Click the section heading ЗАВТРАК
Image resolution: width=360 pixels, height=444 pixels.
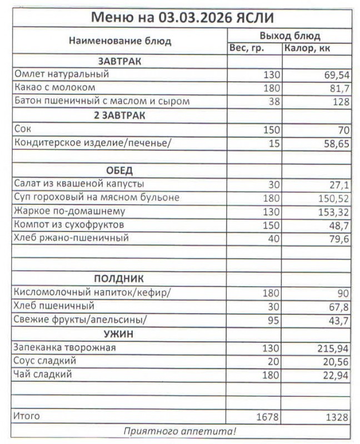119,61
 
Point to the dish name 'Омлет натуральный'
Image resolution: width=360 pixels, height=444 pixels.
62,74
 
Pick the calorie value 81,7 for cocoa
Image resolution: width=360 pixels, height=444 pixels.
337,88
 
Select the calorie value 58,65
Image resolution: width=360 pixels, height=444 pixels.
333,143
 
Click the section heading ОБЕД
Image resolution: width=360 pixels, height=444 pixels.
119,170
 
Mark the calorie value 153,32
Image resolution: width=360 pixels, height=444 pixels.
331,211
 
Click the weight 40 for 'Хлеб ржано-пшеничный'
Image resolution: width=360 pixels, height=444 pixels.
273,239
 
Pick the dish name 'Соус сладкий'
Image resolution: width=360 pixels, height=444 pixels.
44,361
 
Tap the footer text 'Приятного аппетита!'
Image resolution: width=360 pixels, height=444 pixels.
180,431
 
